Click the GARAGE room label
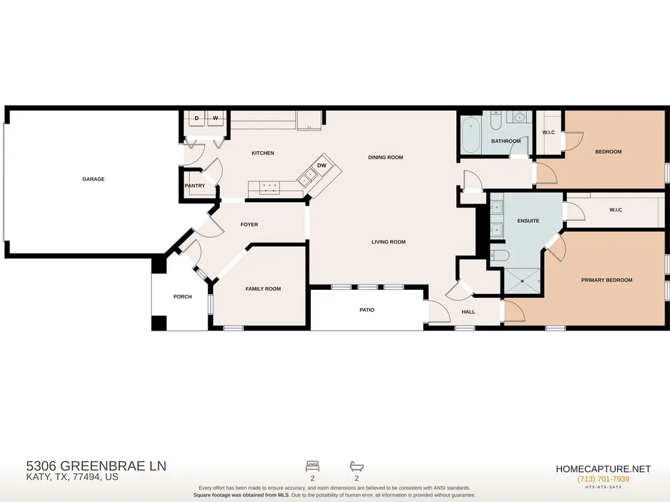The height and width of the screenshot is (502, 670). pyautogui.click(x=93, y=179)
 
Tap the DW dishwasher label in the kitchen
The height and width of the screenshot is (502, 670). pyautogui.click(x=322, y=165)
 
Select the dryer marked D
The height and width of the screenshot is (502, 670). pyautogui.click(x=196, y=118)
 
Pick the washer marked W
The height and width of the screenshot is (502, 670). pyautogui.click(x=216, y=118)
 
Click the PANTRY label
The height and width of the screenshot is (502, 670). pyautogui.click(x=195, y=185)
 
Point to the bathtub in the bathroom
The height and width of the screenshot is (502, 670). pyautogui.click(x=471, y=135)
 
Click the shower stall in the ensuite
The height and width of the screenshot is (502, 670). pyautogui.click(x=522, y=281)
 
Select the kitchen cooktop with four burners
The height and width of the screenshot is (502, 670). pyautogui.click(x=270, y=187)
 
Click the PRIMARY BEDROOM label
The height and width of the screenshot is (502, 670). pyautogui.click(x=607, y=280)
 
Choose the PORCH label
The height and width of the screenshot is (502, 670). pyautogui.click(x=182, y=297)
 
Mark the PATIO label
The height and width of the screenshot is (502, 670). pyautogui.click(x=366, y=310)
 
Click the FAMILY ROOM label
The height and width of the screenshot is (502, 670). pyautogui.click(x=263, y=289)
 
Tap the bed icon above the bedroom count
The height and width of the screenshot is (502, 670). pyautogui.click(x=312, y=466)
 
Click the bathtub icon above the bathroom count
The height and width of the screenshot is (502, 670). pyautogui.click(x=356, y=466)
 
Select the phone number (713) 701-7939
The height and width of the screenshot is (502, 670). pyautogui.click(x=604, y=479)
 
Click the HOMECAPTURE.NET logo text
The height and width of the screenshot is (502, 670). pyautogui.click(x=604, y=469)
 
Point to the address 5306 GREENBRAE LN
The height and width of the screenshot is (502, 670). pyautogui.click(x=96, y=466)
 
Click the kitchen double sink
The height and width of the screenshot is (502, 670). pyautogui.click(x=307, y=178)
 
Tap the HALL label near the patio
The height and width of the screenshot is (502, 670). pyautogui.click(x=468, y=312)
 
